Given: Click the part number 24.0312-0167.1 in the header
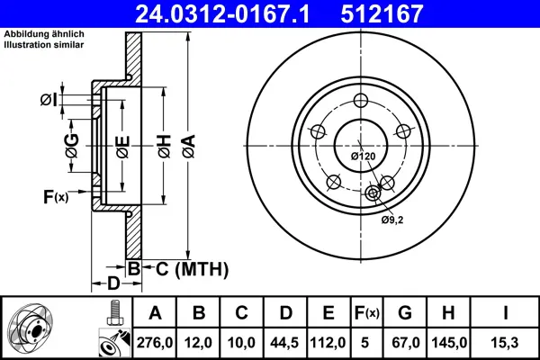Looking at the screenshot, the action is pos(222,13).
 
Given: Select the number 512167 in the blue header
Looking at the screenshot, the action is pos(382,13).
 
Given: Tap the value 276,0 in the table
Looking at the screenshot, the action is pos(155,343).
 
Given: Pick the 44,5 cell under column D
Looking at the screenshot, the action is pos(284,343).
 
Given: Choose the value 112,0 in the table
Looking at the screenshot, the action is pos(328,343).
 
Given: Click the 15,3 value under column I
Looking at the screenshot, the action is pos(505,343).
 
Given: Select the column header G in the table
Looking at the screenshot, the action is pos(405,313).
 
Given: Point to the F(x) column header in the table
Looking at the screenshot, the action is pos(367,313).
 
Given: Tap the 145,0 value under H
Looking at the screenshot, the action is pos(449,343).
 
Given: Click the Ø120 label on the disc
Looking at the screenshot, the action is pos(363,156).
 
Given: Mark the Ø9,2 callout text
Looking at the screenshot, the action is pos(391,220).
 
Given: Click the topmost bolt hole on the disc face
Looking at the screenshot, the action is pos(361,101).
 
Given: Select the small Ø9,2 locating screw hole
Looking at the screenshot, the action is pos(373,193).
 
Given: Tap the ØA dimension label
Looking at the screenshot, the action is pos(188,147).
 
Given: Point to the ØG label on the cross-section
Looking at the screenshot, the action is pos(72,146).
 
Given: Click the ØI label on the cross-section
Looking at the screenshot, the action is pos(49,100).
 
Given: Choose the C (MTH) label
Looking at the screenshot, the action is pos(193,269).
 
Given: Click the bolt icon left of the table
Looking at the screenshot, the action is pos(114,313).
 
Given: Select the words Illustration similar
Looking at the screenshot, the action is pos(44,45).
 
